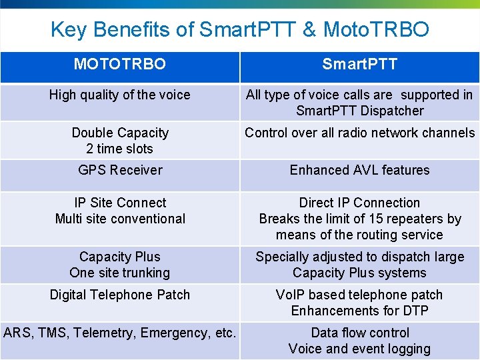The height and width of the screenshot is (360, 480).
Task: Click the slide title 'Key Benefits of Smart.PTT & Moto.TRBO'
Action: pos(240,30)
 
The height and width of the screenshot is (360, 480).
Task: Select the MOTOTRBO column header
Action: pos(120,64)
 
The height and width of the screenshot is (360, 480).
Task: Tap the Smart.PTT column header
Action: pos(359,64)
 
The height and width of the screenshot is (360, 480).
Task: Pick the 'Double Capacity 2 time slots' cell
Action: pos(120,141)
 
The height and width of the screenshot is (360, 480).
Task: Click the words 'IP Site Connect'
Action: pos(120,203)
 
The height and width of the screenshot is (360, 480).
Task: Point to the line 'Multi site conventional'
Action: pos(120,219)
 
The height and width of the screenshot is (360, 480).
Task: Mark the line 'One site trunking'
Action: pos(120,273)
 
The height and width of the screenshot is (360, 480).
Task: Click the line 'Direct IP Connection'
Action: pos(359,203)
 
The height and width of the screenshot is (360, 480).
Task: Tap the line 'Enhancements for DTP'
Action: pos(359,311)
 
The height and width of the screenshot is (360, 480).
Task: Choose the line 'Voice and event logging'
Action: pos(359,349)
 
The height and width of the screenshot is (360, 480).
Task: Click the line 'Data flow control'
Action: pos(359,333)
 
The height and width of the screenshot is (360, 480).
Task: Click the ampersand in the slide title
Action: pos(309,30)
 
